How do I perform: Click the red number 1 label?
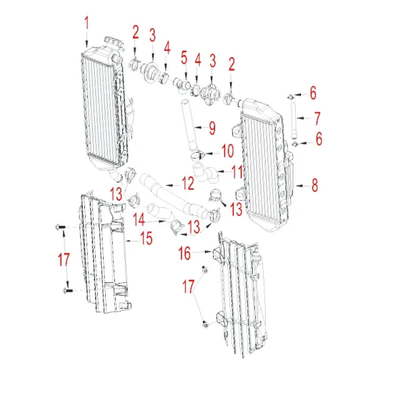[x=86, y=23]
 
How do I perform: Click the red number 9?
[x=212, y=129]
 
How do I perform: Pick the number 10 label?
[x=227, y=151]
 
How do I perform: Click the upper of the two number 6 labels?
[x=312, y=94]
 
